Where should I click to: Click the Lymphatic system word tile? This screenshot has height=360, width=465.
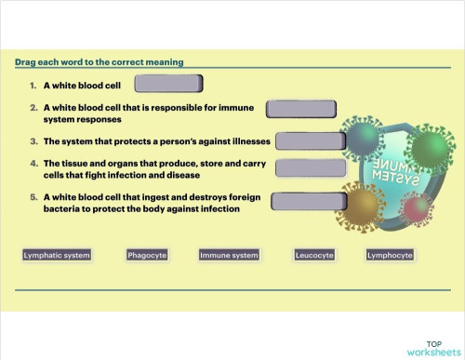coord(57,255)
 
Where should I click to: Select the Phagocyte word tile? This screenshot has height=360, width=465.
coord(146,255)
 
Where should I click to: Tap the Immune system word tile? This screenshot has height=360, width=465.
coord(229,255)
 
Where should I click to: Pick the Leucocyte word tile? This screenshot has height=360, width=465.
coord(313,255)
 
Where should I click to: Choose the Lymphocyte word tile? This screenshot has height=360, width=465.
coord(390,255)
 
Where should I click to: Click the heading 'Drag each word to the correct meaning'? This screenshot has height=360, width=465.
coord(99,62)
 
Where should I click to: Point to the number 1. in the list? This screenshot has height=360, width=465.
coord(33,85)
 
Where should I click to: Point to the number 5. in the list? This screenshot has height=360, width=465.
coord(33,197)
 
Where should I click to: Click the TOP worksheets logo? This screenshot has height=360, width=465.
coord(432,348)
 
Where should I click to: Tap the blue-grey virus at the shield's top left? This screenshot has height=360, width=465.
coord(361,138)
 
